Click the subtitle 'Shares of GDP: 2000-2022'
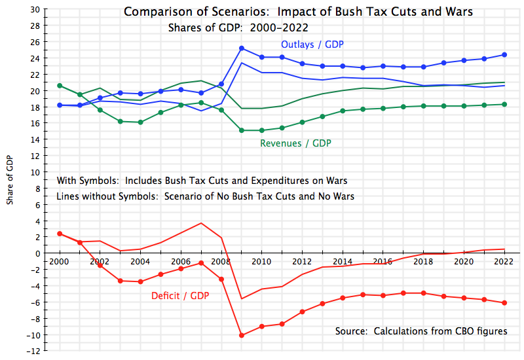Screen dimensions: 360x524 point(238,28)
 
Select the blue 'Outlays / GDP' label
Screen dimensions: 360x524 point(312,45)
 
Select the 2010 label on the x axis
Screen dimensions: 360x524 point(262,262)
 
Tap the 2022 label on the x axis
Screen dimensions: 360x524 point(504,262)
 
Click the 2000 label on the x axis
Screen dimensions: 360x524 point(60,262)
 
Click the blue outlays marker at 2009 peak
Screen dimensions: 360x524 point(242,48)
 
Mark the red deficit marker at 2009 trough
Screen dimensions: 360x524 point(242,335)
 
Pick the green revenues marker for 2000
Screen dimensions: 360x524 point(60,86)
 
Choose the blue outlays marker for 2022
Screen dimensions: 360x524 point(504,54)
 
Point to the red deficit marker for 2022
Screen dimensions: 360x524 point(504,303)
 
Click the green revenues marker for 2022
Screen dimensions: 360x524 point(504,104)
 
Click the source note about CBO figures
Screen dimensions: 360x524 point(421,331)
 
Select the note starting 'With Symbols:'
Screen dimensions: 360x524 point(202,181)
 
